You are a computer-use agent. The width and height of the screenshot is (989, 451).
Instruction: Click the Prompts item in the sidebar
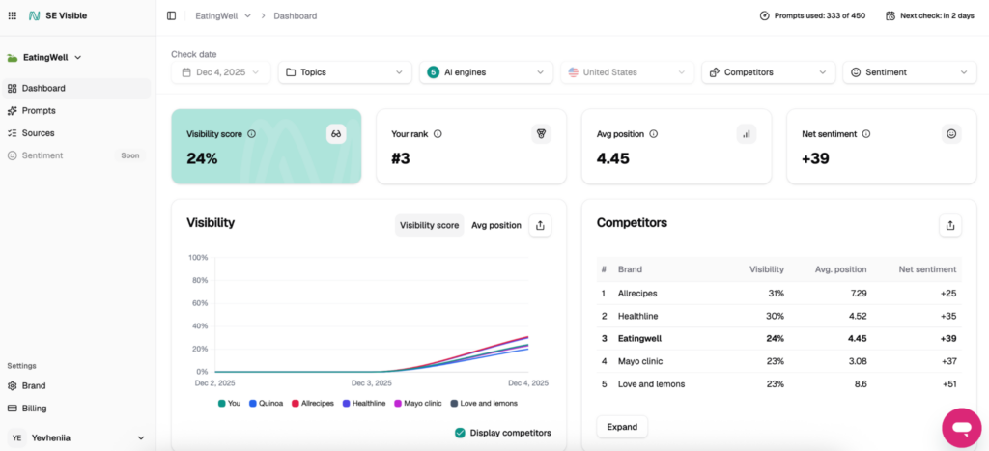39,110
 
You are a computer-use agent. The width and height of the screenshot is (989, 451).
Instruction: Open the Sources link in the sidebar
38,133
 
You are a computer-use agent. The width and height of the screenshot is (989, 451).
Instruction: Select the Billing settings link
34,409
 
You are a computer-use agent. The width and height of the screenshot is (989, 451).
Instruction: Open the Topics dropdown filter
345,72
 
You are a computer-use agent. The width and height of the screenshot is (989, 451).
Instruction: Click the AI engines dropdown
487,72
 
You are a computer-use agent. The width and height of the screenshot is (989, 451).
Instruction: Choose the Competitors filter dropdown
768,72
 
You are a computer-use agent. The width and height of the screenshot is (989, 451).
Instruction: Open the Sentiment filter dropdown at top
910,72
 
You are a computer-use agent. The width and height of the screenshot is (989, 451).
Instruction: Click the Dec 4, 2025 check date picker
221,72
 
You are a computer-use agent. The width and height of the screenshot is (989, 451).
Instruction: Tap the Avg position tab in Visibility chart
496,225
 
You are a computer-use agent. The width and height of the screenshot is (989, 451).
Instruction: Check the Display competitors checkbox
460,433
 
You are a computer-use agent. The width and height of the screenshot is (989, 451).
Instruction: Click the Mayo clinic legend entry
417,403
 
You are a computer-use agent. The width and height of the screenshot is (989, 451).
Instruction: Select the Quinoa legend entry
267,403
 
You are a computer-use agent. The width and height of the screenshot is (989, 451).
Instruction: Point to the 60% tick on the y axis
199,303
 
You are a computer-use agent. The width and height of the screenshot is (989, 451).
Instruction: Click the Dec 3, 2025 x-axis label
372,382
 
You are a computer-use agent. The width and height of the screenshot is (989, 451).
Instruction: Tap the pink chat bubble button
962,428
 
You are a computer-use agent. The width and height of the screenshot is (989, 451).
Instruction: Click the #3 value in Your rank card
401,158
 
